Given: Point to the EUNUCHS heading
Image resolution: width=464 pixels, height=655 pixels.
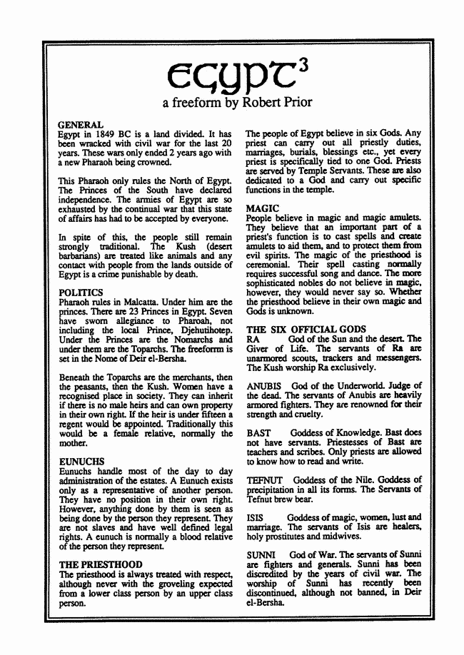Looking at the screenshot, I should coord(81,462).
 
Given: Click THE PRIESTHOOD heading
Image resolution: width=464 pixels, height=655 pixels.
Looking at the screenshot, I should coord(100,564).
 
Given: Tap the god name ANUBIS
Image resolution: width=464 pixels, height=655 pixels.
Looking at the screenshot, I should coord(263,386).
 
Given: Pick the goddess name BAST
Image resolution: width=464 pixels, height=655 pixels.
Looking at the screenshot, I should coord(257,433).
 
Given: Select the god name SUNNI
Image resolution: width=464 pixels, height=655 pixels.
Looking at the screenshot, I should coord(260,554).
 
